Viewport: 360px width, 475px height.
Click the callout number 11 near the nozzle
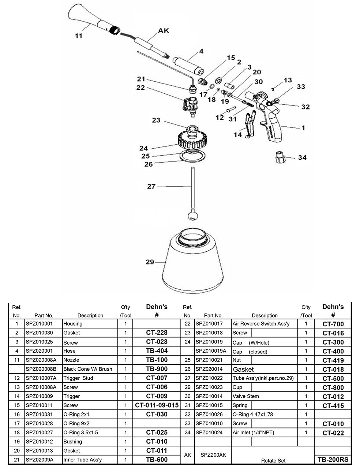coord(78,36)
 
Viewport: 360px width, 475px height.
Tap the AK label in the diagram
coord(163,31)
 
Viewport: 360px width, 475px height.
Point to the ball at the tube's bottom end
coord(191,216)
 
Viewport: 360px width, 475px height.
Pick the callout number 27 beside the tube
coord(151,186)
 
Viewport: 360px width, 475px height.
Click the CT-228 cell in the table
coord(157,333)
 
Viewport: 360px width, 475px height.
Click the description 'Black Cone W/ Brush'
coord(88,369)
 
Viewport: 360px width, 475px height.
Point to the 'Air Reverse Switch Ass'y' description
coord(261,324)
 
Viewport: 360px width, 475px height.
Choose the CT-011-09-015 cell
coord(157,405)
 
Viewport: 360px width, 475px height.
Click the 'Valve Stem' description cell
coord(245,396)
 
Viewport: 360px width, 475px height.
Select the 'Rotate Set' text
coord(273,460)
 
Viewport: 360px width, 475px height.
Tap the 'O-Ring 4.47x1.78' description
coord(252,414)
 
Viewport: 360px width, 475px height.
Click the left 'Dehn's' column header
coord(157,307)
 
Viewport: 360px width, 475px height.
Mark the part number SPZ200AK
coord(213,455)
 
